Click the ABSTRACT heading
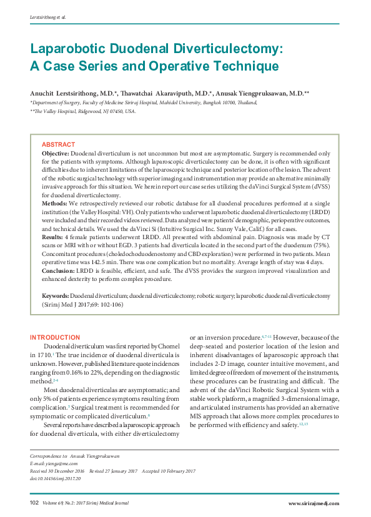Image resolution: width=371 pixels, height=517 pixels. [x=58, y=145]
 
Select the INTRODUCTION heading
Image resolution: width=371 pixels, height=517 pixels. [x=55, y=337]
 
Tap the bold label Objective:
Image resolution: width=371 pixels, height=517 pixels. [x=56, y=153]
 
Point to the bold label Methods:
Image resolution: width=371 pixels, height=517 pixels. [x=54, y=204]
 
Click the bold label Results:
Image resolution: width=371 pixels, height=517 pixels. [x=52, y=238]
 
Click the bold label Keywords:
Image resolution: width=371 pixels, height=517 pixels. [x=55, y=294]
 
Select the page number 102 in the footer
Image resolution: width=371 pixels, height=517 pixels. [x=34, y=503]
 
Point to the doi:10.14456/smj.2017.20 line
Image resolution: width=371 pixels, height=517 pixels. [x=56, y=478]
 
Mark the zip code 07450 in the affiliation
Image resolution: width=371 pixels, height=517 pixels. [x=108, y=111]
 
